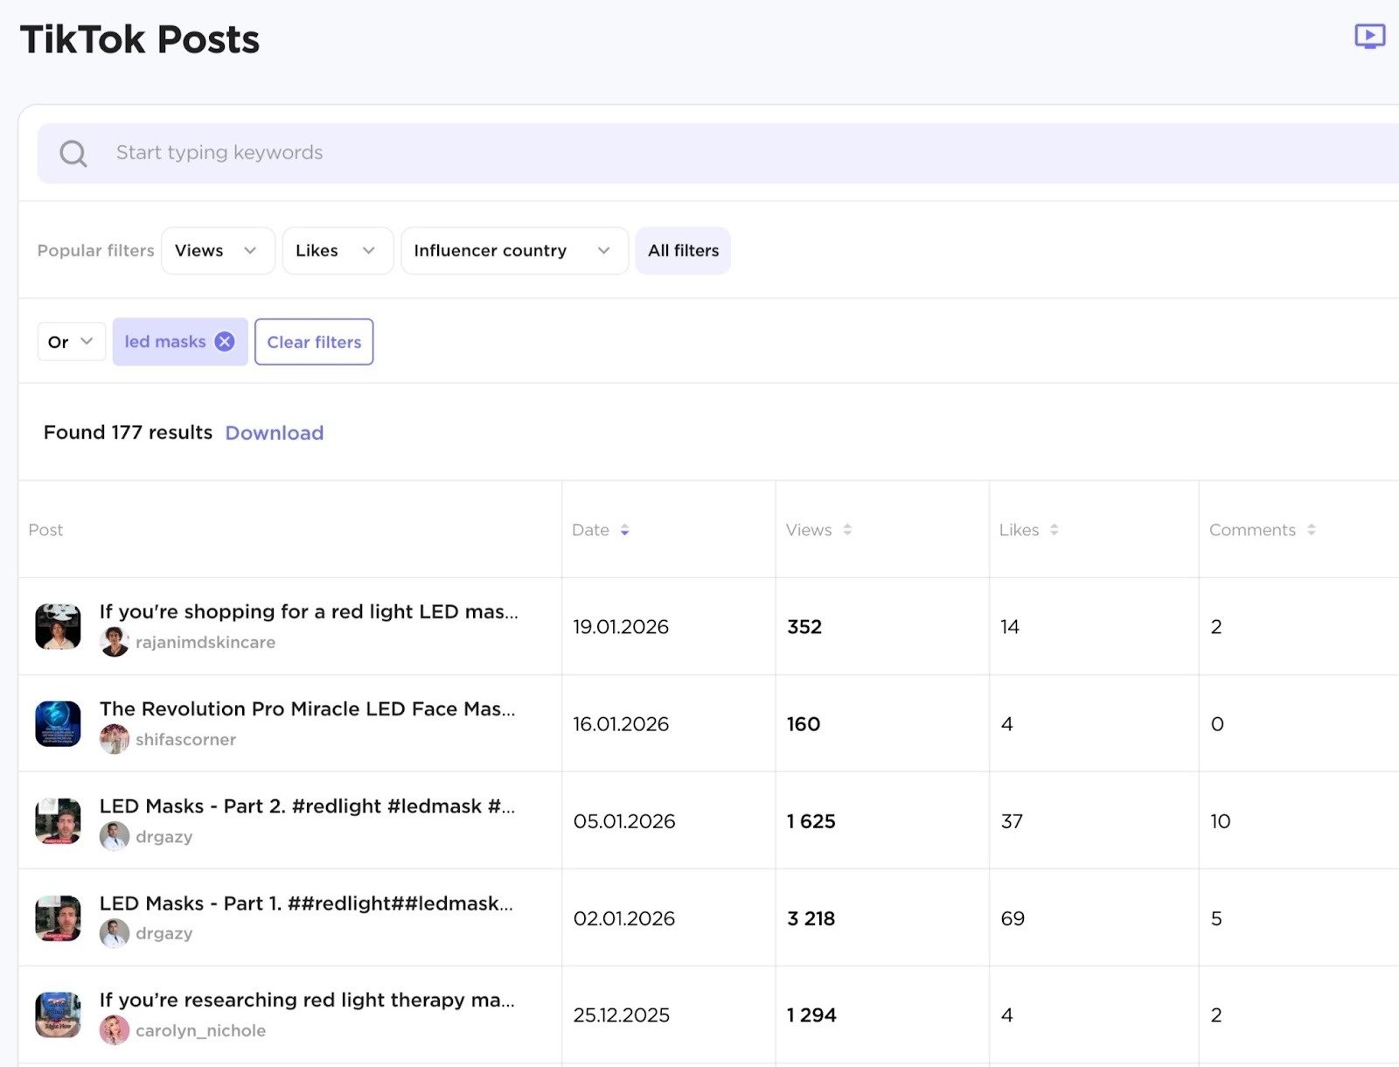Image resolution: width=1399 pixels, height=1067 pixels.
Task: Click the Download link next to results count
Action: coord(274,433)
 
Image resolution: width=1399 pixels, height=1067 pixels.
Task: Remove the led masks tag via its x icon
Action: coord(225,341)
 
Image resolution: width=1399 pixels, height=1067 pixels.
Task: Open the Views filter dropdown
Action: coord(218,251)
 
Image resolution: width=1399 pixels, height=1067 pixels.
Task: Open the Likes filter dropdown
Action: coord(337,251)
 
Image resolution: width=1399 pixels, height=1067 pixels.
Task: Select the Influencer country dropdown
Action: coord(514,251)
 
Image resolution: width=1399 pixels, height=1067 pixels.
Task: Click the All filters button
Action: coord(683,251)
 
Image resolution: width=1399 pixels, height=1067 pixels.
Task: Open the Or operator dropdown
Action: coord(71,342)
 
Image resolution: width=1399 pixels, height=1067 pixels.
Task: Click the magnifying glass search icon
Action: coord(73,154)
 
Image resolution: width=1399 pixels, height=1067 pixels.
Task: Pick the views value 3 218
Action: coord(811,918)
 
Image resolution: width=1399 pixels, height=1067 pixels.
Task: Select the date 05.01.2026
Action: coord(624,821)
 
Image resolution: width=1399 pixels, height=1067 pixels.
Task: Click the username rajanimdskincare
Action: coord(205,642)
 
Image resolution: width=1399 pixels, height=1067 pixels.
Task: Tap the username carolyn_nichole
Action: coord(200,1030)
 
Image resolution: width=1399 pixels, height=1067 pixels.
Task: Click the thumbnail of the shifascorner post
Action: coord(58,724)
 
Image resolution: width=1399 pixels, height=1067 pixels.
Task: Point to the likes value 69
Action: coord(1013,918)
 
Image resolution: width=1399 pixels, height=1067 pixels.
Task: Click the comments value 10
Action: coord(1220,821)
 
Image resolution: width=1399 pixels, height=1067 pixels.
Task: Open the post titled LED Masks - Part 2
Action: coord(307,806)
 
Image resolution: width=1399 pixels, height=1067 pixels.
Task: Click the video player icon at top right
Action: coord(1369,37)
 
